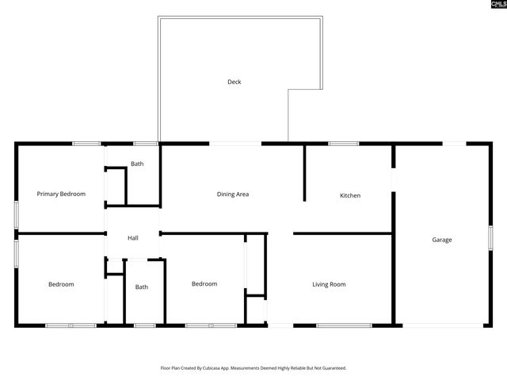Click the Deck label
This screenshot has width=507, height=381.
(x=234, y=82)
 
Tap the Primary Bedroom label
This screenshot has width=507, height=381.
(x=61, y=194)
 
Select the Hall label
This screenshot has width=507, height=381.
(x=132, y=237)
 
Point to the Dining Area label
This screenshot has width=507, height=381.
(x=233, y=194)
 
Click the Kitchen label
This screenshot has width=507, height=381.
(x=350, y=195)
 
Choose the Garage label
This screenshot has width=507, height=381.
(x=441, y=240)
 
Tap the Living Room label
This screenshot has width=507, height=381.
(x=329, y=284)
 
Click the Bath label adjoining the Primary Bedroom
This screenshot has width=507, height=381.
(x=137, y=164)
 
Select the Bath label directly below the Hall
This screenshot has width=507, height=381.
(x=141, y=287)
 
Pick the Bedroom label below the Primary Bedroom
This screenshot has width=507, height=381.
(x=61, y=284)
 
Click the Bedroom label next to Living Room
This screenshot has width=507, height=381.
(x=204, y=283)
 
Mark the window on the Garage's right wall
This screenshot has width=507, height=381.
(x=490, y=237)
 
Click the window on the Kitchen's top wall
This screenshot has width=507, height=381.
(x=343, y=144)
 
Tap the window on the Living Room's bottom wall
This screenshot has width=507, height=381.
(x=344, y=325)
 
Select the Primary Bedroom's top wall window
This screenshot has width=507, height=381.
(x=86, y=144)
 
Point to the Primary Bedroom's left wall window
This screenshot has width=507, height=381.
(x=16, y=215)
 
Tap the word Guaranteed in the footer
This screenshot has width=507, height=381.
(x=331, y=368)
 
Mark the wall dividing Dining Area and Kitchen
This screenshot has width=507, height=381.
(x=305, y=173)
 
